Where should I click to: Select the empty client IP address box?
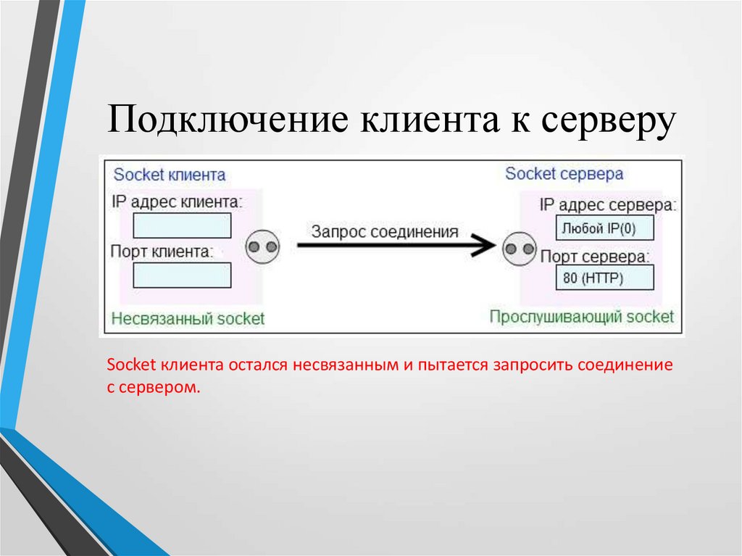(182, 225)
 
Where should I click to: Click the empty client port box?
(182, 275)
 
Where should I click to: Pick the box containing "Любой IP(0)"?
(604, 228)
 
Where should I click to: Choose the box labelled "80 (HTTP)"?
(604, 278)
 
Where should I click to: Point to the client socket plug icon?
(262, 248)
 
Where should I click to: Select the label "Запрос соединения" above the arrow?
(385, 232)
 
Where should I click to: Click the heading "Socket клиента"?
(170, 175)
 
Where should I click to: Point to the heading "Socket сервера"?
(564, 174)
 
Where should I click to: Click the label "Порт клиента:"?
(162, 252)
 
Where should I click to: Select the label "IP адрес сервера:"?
(607, 205)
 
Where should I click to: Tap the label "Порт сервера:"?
(594, 256)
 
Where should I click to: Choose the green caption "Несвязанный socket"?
(188, 318)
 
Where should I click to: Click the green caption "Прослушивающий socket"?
(581, 317)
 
